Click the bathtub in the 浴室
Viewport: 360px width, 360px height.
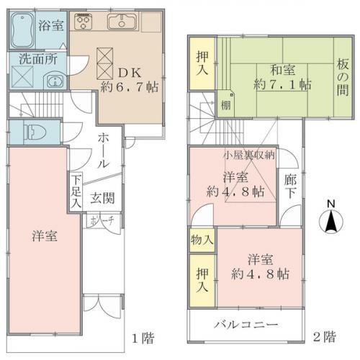(22, 30)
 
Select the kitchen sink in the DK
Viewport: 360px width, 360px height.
(122, 22)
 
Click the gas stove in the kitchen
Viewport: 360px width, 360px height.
(84, 22)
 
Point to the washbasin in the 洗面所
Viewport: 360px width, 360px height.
(55, 81)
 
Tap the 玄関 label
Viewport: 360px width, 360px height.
(102, 199)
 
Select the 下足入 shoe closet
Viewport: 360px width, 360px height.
(76, 192)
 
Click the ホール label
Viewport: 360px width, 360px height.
(104, 151)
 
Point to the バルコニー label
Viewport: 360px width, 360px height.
(246, 325)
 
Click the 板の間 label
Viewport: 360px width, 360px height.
(343, 77)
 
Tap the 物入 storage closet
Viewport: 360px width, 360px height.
(202, 240)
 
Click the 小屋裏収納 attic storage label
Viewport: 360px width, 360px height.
(249, 156)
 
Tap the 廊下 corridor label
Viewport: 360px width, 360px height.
(290, 187)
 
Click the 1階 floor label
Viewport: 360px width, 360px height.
(143, 338)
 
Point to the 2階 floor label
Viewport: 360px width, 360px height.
(325, 337)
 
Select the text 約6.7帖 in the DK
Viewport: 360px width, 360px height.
(130, 87)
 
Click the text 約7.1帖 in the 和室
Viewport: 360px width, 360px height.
(282, 84)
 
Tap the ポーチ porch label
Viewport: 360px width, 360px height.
(102, 221)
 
